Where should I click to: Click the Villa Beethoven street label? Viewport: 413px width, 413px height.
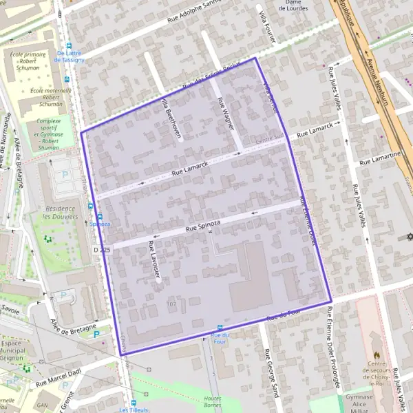[x=170, y=118]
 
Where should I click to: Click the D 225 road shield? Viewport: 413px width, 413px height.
[x=101, y=248]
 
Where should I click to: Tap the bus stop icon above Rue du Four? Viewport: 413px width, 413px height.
[x=220, y=328]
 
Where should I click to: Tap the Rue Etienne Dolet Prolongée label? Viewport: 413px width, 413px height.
[x=333, y=348]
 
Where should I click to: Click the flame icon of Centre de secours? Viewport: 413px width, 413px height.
[x=375, y=340]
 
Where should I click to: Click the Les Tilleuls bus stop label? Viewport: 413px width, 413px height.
[x=133, y=410]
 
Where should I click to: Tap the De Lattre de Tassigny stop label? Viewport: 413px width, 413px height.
[x=71, y=56]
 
